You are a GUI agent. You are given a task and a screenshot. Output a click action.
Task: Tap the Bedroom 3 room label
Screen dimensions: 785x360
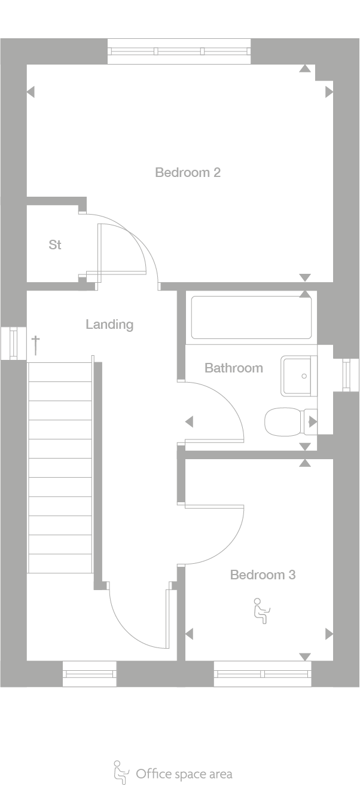[263, 575]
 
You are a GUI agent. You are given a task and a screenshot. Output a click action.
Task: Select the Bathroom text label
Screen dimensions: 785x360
[233, 368]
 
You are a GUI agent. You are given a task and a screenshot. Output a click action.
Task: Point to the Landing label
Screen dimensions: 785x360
[109, 325]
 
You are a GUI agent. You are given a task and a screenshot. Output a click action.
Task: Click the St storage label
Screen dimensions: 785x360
[55, 245]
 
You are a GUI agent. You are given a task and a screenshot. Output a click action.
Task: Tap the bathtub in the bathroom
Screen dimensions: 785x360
[251, 317]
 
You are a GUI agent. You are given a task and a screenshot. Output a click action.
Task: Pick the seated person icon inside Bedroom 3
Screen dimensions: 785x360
[261, 610]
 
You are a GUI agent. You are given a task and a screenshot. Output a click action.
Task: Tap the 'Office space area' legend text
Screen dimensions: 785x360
[184, 774]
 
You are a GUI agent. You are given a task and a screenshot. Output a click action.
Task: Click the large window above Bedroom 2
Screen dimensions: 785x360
[179, 51]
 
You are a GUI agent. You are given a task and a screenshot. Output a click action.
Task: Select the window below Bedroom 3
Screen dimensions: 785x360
[263, 674]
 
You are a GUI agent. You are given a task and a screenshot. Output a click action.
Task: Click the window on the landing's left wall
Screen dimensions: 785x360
[13, 343]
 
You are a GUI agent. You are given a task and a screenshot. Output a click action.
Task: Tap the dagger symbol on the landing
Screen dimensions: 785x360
[36, 344]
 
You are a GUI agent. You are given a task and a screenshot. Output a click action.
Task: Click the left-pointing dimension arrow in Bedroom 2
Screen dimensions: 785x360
[30, 92]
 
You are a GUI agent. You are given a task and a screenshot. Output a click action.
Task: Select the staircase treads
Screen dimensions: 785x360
[60, 466]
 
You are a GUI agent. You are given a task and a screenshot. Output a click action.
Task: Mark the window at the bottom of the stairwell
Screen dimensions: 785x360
[90, 674]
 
